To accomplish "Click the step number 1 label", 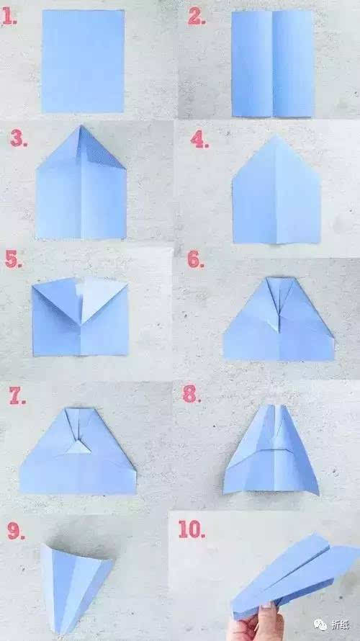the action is [x=9, y=17].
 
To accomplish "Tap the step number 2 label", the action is [x=196, y=17].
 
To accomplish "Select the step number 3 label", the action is [x=19, y=139].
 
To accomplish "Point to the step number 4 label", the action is [x=199, y=140].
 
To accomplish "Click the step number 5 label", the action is [x=14, y=259].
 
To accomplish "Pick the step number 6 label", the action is [x=196, y=259].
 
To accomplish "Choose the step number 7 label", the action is [x=17, y=395].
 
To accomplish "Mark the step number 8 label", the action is [x=192, y=394].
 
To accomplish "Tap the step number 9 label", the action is [x=16, y=531].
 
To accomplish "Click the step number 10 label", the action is [x=192, y=529].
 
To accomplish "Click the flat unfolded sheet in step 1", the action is [x=83, y=61].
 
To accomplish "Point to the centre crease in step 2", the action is [x=273, y=64].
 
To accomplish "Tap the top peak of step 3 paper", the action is [x=81, y=126].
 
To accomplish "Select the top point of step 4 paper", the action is [x=276, y=137].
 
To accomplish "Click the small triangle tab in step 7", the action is [x=79, y=448].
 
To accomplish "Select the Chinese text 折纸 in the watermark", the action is [x=340, y=624].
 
